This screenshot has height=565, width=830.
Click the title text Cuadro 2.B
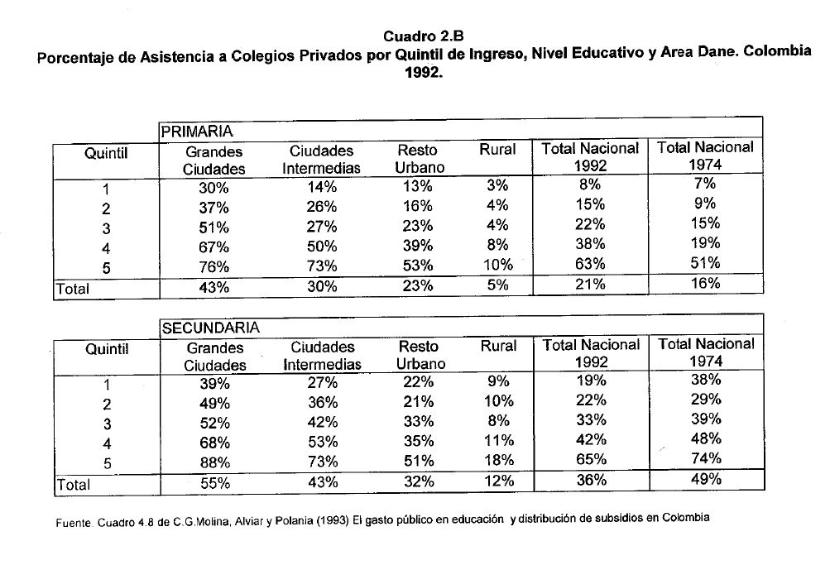point(423,36)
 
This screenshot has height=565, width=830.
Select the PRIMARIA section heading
point(197,131)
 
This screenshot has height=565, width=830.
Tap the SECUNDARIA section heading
point(210,328)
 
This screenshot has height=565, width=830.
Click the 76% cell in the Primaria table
point(213,266)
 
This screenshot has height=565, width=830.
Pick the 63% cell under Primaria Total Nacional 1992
point(589,265)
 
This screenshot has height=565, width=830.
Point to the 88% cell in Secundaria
point(214,462)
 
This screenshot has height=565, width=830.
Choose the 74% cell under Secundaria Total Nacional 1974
point(705,459)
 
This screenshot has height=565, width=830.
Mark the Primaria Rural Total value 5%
point(497,285)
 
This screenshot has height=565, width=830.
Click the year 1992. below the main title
point(423,72)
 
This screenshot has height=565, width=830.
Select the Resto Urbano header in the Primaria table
point(420,159)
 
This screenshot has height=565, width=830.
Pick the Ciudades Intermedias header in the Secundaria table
point(323,356)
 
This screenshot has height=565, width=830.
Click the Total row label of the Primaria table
point(73,290)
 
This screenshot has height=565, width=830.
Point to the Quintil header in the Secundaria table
point(107,349)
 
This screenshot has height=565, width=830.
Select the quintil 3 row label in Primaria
point(107,229)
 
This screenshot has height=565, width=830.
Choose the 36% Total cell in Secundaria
point(589,480)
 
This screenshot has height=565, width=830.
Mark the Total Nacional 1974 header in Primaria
point(705,156)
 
